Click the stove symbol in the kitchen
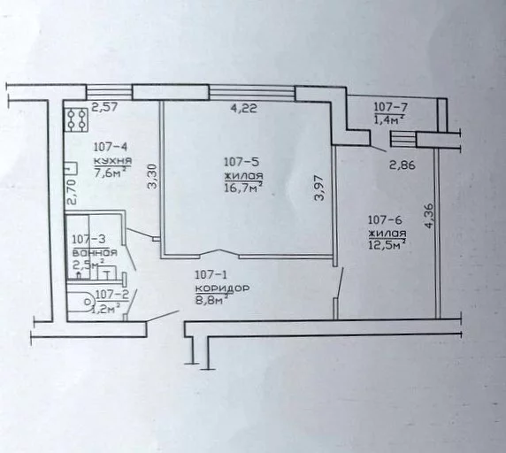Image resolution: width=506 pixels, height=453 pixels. (x=76, y=119)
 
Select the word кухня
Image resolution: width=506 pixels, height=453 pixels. (x=112, y=161)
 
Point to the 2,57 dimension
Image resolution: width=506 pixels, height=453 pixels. (x=105, y=107)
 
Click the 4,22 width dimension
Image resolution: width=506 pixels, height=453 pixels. (x=243, y=108)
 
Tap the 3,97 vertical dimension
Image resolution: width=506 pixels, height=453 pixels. (x=319, y=188)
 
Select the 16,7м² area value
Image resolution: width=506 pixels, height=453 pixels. (x=243, y=188)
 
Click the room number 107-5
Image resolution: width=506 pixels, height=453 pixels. (x=241, y=162)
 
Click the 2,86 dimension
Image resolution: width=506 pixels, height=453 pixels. (x=402, y=165)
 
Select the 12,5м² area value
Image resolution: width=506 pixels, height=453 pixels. (x=387, y=244)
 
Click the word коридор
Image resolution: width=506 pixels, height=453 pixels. (x=222, y=288)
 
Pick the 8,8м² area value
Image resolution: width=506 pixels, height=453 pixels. (x=212, y=300)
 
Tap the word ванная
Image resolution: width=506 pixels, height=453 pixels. (x=95, y=252)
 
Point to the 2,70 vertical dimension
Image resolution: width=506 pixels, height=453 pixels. (x=72, y=192)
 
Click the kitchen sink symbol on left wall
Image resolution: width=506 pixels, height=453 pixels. (x=71, y=169)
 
